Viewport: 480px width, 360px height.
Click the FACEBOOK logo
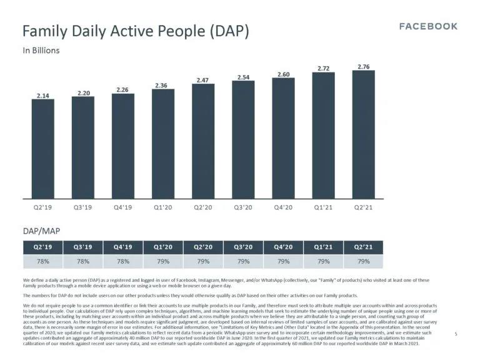pyautogui.click(x=428, y=26)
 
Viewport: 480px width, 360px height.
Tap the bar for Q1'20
pyautogui.click(x=162, y=143)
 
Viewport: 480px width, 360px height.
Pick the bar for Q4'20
pyautogui.click(x=283, y=137)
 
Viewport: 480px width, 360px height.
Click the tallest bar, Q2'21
pyautogui.click(x=363, y=134)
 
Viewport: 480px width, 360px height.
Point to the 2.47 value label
pyautogui.click(x=202, y=80)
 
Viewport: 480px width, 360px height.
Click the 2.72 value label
pyautogui.click(x=323, y=68)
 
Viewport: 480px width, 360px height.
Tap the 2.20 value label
pyautogui.click(x=82, y=92)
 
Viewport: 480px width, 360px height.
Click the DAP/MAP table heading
pyautogui.click(x=37, y=231)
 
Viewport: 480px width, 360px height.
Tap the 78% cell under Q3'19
pyautogui.click(x=83, y=260)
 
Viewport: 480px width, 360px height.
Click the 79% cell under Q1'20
pyautogui.click(x=162, y=260)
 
